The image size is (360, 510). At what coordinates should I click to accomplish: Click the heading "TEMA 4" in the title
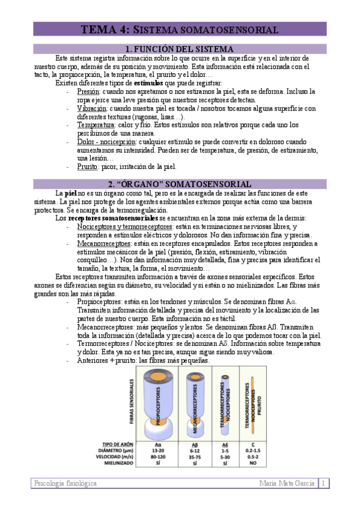pyautogui.click(x=103, y=29)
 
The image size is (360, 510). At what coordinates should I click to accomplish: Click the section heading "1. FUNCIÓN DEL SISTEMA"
pyautogui.click(x=179, y=49)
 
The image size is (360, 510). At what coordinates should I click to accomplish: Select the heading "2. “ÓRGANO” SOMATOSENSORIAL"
pyautogui.click(x=179, y=183)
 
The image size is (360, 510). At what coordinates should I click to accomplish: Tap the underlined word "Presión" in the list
pyautogui.click(x=88, y=91)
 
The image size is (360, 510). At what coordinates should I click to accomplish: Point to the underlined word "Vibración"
pyautogui.click(x=91, y=108)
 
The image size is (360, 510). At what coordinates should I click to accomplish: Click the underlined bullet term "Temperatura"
pyautogui.click(x=96, y=124)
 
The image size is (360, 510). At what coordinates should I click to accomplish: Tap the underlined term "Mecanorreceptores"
pyautogui.click(x=104, y=243)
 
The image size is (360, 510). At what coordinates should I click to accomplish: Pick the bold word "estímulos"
pyautogui.click(x=148, y=83)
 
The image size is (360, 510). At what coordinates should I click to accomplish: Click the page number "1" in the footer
pyautogui.click(x=323, y=483)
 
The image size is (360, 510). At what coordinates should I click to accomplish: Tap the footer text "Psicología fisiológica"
pyautogui.click(x=66, y=483)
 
